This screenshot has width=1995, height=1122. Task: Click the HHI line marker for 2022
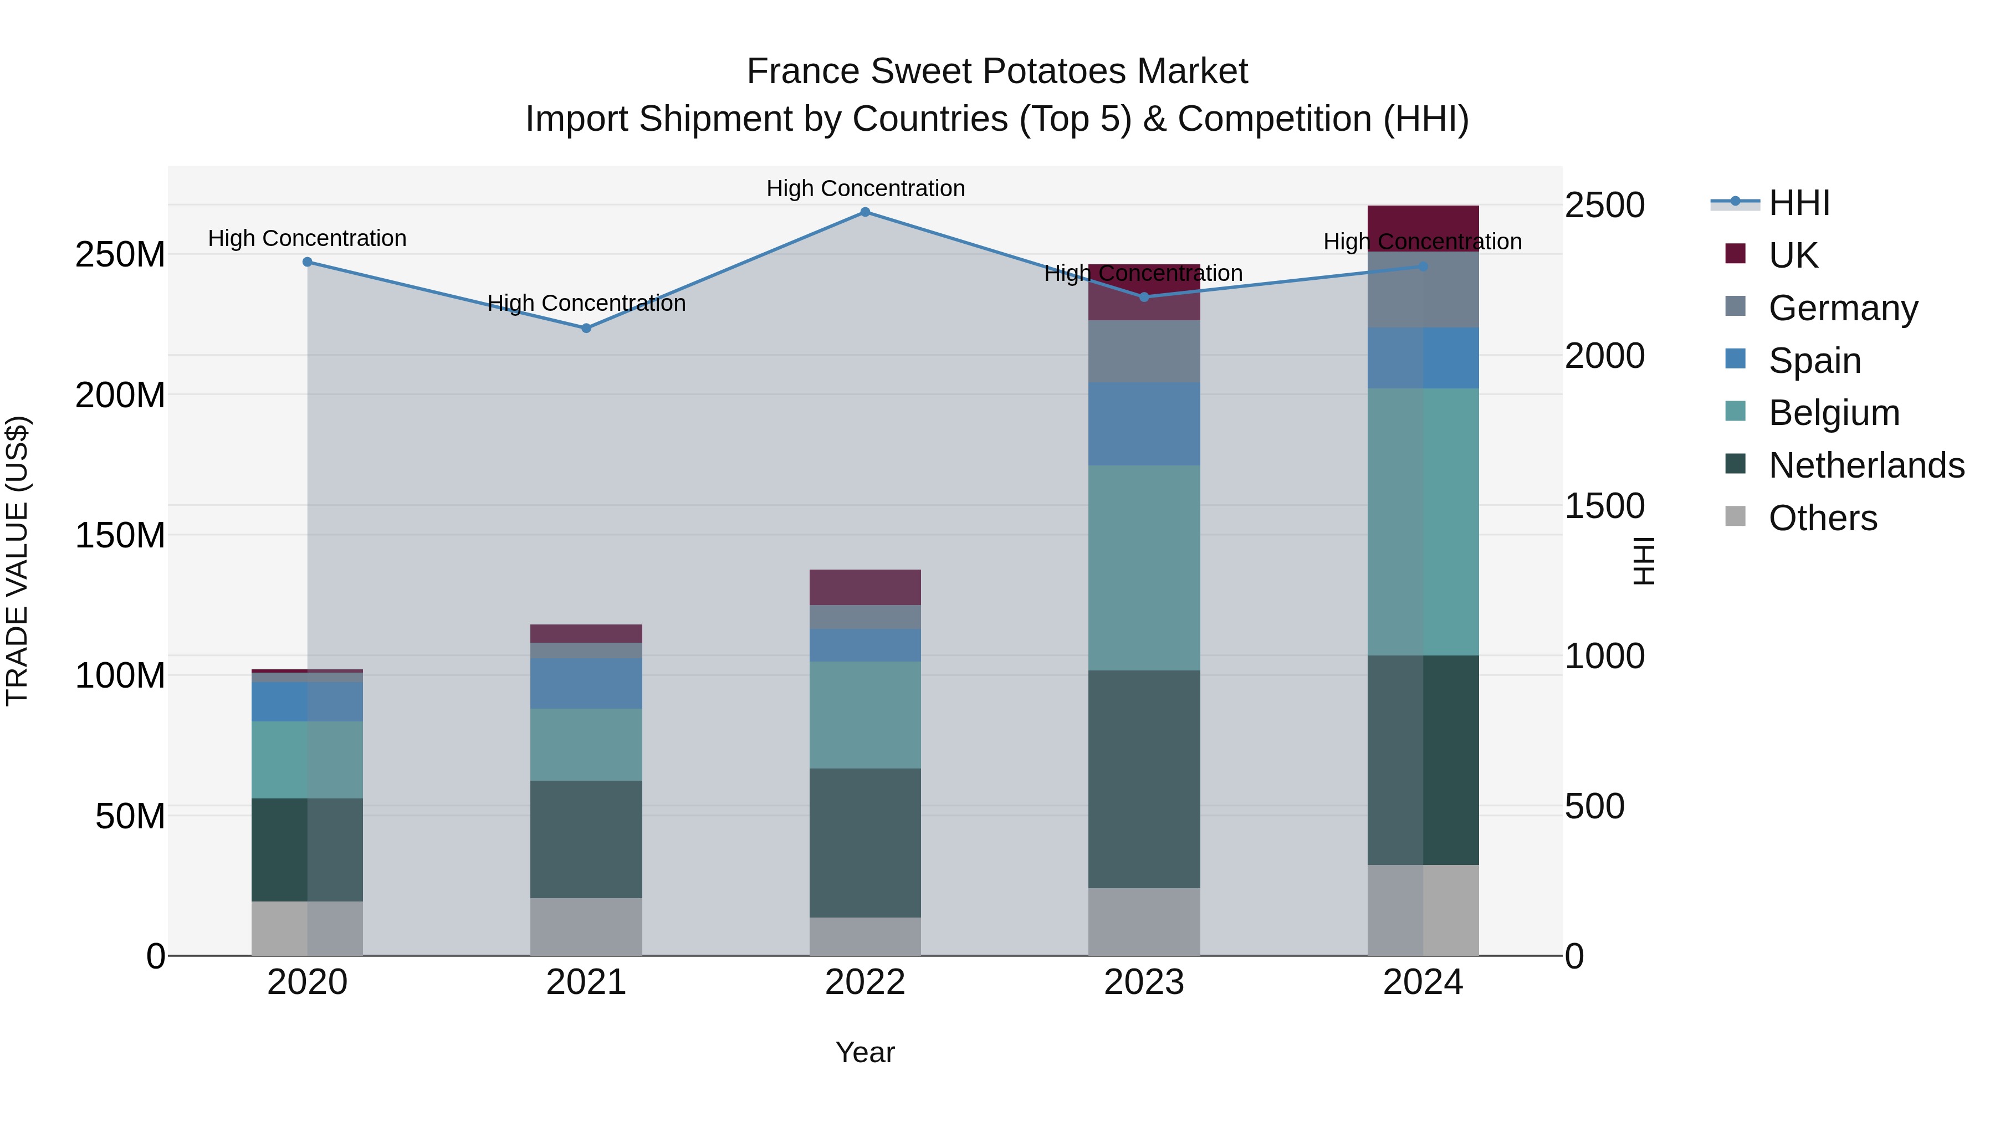click(x=865, y=212)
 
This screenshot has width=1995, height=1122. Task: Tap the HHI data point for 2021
click(x=586, y=329)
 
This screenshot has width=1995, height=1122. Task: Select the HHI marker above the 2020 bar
click(x=308, y=262)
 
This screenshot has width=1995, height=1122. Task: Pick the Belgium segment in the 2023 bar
click(x=1144, y=567)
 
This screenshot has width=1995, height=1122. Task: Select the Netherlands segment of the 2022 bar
click(x=865, y=842)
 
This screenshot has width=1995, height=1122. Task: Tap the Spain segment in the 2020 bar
click(x=308, y=701)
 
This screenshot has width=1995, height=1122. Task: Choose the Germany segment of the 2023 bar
click(x=1144, y=351)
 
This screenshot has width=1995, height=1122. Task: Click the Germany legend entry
click(x=1843, y=308)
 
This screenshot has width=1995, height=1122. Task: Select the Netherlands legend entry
click(x=1866, y=465)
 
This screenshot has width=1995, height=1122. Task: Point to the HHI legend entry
click(x=1799, y=203)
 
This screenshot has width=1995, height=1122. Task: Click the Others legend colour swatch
click(x=1736, y=516)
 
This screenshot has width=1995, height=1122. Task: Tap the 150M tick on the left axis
click(x=120, y=535)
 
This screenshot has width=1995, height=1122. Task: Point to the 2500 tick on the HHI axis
click(x=1604, y=205)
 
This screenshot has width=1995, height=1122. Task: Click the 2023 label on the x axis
click(x=1144, y=982)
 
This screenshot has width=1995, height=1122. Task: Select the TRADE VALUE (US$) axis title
click(x=17, y=561)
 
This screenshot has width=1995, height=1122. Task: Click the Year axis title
click(x=865, y=1052)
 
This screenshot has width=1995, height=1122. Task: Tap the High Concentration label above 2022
click(x=865, y=188)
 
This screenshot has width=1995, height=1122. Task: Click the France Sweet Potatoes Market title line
click(x=997, y=71)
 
